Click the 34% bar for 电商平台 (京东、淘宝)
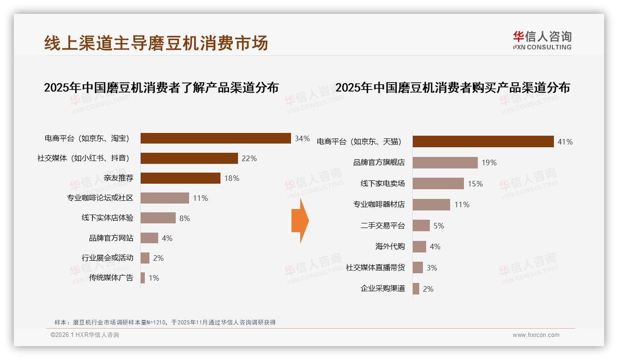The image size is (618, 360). [215, 138]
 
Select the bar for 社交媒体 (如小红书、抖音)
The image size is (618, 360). [189, 158]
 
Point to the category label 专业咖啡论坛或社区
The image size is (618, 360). [100, 198]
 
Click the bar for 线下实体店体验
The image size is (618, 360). [158, 218]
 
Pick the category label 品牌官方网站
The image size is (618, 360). [111, 238]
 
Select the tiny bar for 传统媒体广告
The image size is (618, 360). [143, 278]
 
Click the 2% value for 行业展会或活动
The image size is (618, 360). [158, 258]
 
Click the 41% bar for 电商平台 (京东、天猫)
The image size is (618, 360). [483, 142]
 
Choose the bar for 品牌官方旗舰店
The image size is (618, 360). [445, 162]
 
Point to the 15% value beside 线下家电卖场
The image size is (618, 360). [475, 184]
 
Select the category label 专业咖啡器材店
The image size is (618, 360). [379, 204]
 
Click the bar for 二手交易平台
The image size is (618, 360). [421, 226]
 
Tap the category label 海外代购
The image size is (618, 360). [390, 246]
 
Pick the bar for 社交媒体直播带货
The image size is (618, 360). [417, 268]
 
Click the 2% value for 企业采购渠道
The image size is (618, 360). [428, 289]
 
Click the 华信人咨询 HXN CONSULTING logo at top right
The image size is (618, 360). [542, 41]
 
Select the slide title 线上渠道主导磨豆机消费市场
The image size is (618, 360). [156, 43]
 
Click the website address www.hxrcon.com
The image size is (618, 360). [536, 335]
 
